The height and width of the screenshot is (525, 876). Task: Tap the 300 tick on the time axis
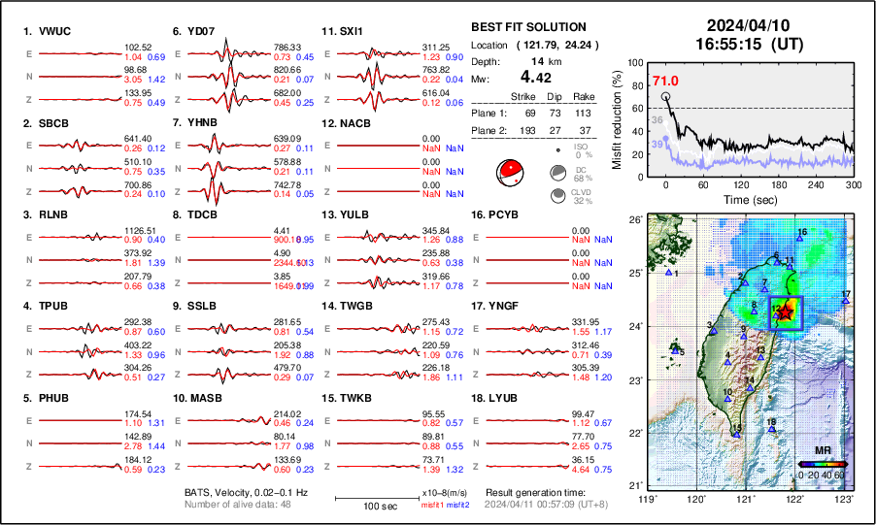pyautogui.click(x=854, y=183)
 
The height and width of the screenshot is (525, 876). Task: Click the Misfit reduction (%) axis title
pyautogui.click(x=616, y=117)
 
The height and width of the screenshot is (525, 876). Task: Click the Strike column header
pyautogui.click(x=522, y=97)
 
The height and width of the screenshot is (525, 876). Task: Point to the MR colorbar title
pyautogui.click(x=823, y=450)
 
